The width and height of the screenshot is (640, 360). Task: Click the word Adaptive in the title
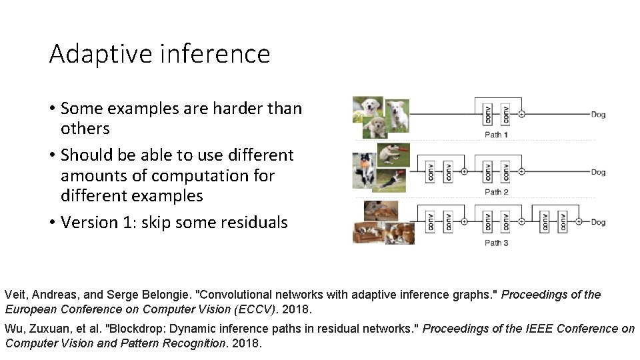[x=91, y=54]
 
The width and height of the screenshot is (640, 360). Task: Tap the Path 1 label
[x=496, y=135]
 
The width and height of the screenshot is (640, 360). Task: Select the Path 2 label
[x=496, y=192]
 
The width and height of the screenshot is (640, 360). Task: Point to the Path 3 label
[x=496, y=243]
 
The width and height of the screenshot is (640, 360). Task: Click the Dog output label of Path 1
[x=598, y=115]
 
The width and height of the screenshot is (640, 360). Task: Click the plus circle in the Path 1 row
[x=521, y=114]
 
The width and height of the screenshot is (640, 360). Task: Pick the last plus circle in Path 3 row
[x=579, y=222]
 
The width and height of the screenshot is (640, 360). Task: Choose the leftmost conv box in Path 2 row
[x=431, y=171]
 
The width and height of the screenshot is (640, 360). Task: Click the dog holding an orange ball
[x=364, y=169]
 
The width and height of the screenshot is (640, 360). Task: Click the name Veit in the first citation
[x=15, y=295]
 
